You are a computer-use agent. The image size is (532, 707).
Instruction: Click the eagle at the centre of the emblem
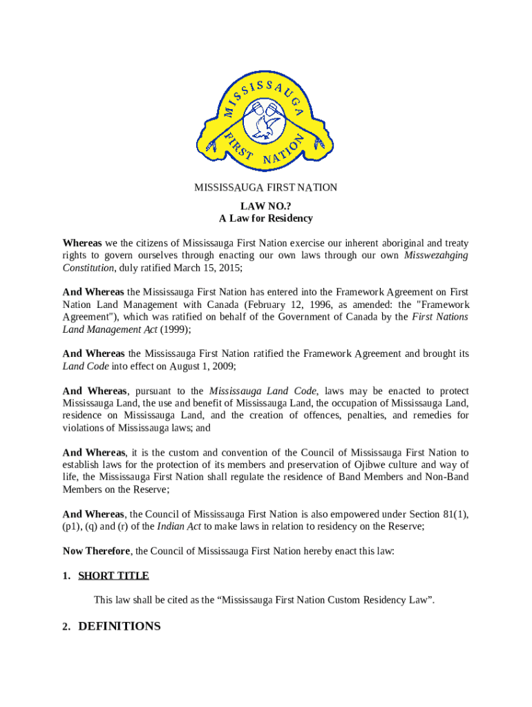(265, 124)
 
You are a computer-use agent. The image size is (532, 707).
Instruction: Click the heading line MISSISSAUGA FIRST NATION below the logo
(265, 188)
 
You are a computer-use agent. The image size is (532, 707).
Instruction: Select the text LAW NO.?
(265, 206)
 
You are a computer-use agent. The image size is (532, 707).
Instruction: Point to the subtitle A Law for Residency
(265, 218)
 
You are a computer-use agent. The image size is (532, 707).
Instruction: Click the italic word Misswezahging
(436, 255)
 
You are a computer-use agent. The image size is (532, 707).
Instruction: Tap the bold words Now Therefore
(96, 551)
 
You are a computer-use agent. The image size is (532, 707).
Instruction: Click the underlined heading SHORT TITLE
(113, 576)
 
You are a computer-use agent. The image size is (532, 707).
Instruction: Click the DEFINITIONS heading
(120, 626)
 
